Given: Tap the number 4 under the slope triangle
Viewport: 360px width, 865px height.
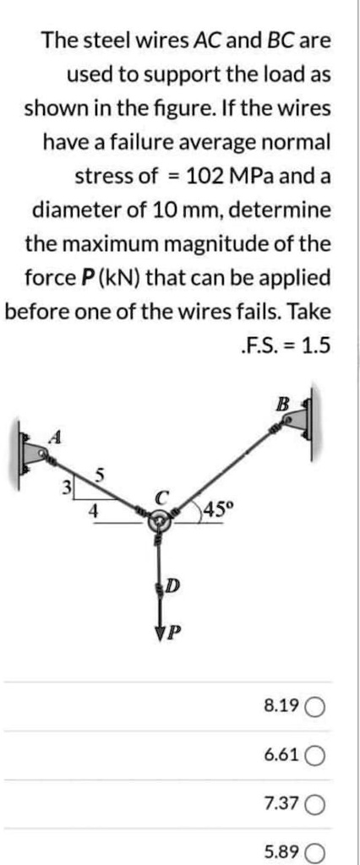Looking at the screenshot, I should pos(95,510).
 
